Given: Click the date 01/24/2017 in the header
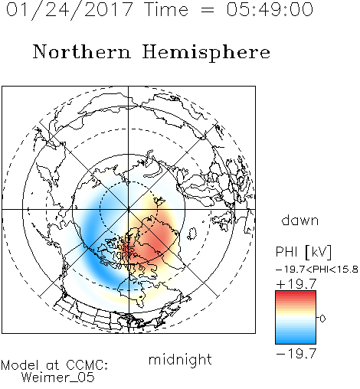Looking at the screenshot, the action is pyautogui.click(x=70, y=10).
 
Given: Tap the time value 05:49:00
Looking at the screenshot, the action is pyautogui.click(x=270, y=9).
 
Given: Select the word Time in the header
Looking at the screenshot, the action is pyautogui.click(x=166, y=9).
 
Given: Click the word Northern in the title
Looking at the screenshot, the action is pyautogui.click(x=81, y=52).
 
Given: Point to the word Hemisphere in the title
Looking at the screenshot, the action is pyautogui.click(x=206, y=53).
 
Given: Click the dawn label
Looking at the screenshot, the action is pyautogui.click(x=300, y=220).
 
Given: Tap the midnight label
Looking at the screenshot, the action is pyautogui.click(x=180, y=359).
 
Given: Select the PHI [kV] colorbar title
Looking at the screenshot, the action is pyautogui.click(x=303, y=252).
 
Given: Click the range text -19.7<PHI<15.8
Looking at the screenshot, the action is pyautogui.click(x=317, y=270).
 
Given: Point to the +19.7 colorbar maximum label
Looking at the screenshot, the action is pyautogui.click(x=296, y=284).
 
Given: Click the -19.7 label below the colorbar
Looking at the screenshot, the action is pyautogui.click(x=296, y=354).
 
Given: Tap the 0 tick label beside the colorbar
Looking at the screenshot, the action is pyautogui.click(x=322, y=319).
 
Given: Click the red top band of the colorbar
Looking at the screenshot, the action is pyautogui.click(x=296, y=295).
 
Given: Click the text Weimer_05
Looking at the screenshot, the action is pyautogui.click(x=58, y=377).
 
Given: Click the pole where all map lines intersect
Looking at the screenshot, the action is pyautogui.click(x=129, y=209).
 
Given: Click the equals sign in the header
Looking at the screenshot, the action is pyautogui.click(x=208, y=10).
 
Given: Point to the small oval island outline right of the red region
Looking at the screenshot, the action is pyautogui.click(x=192, y=234).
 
